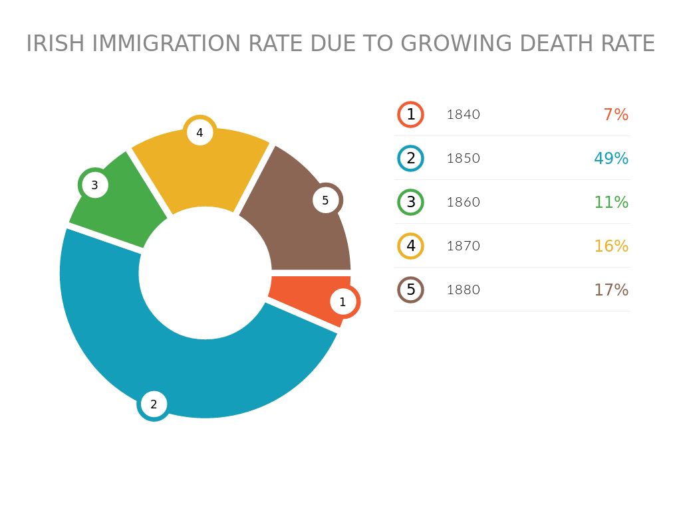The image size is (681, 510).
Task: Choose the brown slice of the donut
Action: tap(299, 232)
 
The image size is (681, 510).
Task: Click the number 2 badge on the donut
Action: tap(154, 404)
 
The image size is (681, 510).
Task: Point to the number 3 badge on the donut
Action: tap(94, 185)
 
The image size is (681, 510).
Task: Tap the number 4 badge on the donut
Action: tap(200, 133)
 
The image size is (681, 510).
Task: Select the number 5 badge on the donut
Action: tap(325, 200)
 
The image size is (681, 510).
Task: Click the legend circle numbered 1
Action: tap(411, 114)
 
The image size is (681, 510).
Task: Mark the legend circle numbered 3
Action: tap(411, 202)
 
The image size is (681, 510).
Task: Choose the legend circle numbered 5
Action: tap(411, 290)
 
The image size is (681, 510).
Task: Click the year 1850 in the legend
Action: tap(463, 159)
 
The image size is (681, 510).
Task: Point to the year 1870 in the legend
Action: tap(463, 246)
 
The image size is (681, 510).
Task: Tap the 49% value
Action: tap(611, 159)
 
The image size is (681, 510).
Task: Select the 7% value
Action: tap(616, 115)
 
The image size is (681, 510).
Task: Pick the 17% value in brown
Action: tap(611, 290)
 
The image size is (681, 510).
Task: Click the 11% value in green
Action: tap(611, 203)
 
